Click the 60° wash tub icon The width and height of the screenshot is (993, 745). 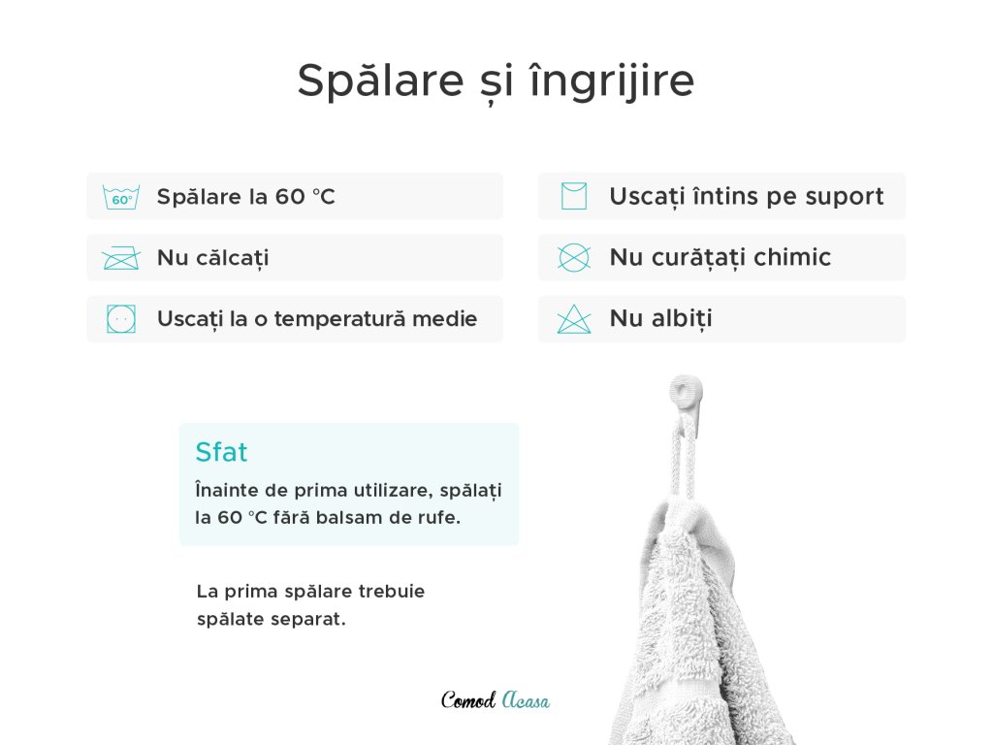click(x=121, y=197)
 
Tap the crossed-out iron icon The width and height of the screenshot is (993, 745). click(x=121, y=258)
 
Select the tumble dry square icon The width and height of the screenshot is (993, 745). click(x=121, y=318)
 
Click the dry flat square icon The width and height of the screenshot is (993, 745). click(x=574, y=196)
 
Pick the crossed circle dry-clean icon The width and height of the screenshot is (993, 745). click(x=574, y=258)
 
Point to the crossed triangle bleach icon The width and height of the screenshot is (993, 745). click(x=574, y=318)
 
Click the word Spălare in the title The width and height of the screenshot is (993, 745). click(x=380, y=81)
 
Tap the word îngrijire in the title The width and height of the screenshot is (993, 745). click(x=612, y=81)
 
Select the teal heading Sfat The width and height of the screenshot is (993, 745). click(x=221, y=452)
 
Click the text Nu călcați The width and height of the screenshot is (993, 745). click(x=212, y=258)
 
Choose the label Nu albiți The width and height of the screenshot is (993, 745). click(x=660, y=318)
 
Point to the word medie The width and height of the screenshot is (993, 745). click(x=444, y=318)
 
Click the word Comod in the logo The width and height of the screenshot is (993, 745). click(x=468, y=699)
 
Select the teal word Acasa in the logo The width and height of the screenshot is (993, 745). click(x=526, y=700)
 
